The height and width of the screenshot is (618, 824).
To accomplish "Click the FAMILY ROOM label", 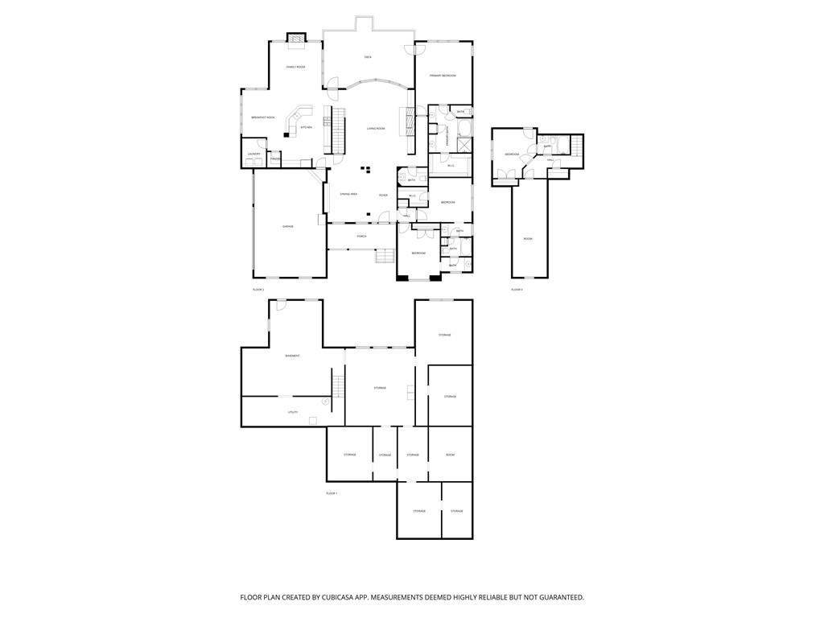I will click(295, 67).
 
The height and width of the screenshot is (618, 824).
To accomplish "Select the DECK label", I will click(368, 57).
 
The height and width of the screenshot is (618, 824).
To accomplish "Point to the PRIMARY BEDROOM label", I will click(443, 75).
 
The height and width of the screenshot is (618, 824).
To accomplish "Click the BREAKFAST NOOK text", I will click(262, 117).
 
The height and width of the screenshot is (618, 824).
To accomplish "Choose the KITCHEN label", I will click(306, 127).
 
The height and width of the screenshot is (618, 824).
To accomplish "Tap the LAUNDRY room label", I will click(253, 153).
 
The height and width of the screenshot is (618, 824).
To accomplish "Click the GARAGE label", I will click(287, 227).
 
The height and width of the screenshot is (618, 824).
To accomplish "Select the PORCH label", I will click(362, 236).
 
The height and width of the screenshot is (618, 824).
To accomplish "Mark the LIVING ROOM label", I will click(376, 128).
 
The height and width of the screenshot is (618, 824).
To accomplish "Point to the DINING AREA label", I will click(348, 194).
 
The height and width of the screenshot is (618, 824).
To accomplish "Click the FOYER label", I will click(383, 195).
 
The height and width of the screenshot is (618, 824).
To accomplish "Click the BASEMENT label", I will click(292, 356).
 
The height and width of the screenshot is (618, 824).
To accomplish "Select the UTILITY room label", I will click(293, 412).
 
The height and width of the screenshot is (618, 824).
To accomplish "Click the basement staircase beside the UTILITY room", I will click(338, 385).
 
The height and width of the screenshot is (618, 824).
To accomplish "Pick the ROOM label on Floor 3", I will click(528, 239).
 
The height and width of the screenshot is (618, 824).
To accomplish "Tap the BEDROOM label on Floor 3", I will click(512, 154).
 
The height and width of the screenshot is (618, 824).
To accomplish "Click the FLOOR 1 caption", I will click(332, 493).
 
